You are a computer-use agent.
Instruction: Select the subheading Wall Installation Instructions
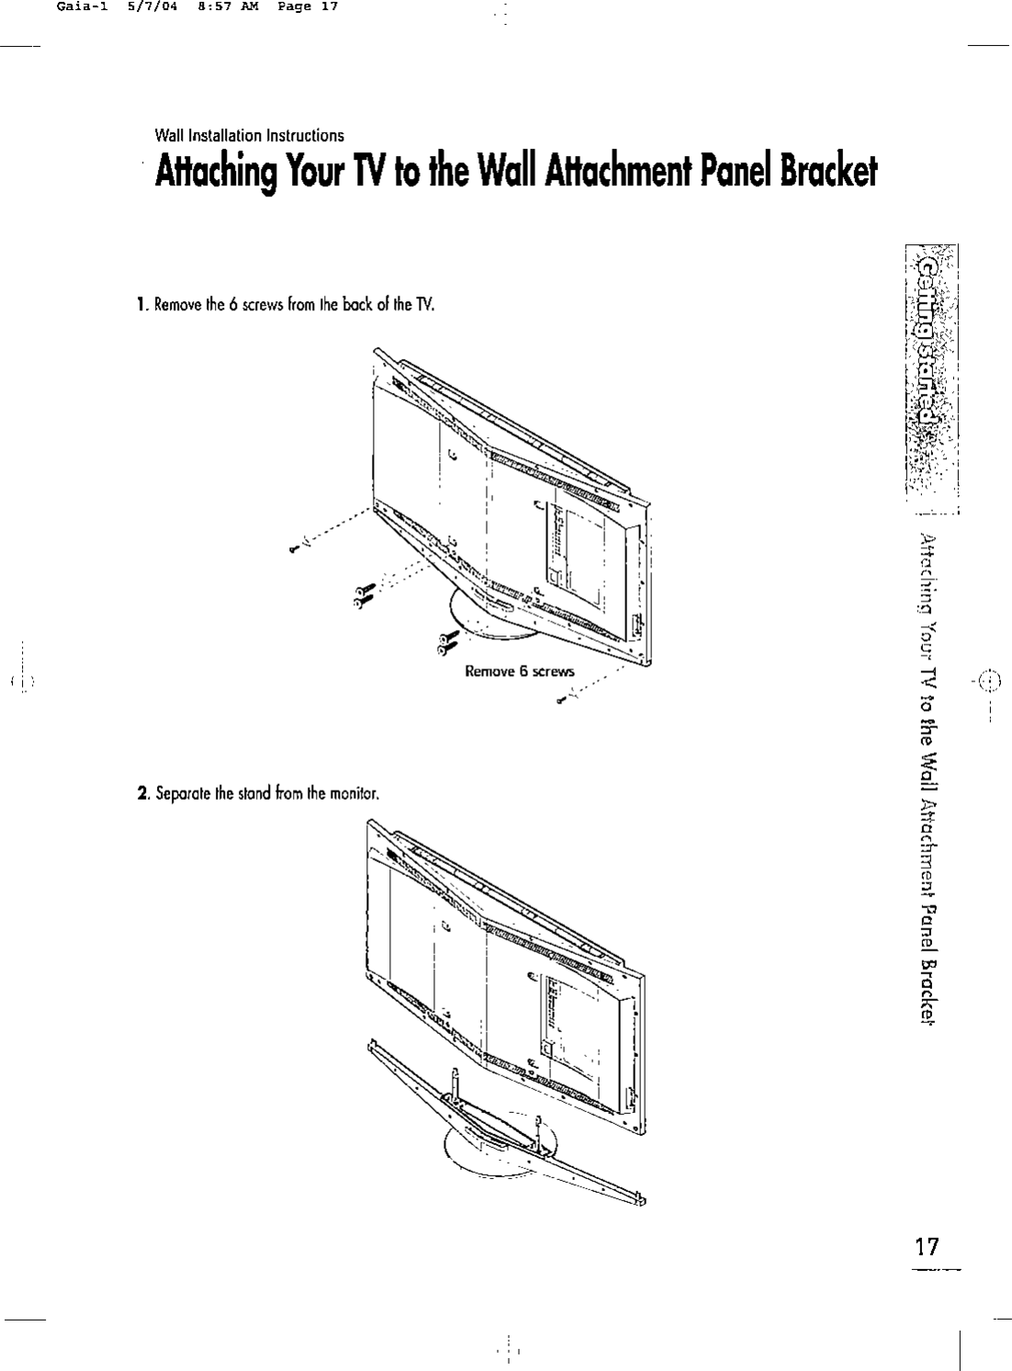(x=251, y=136)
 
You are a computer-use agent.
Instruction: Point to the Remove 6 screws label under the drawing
(x=520, y=671)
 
